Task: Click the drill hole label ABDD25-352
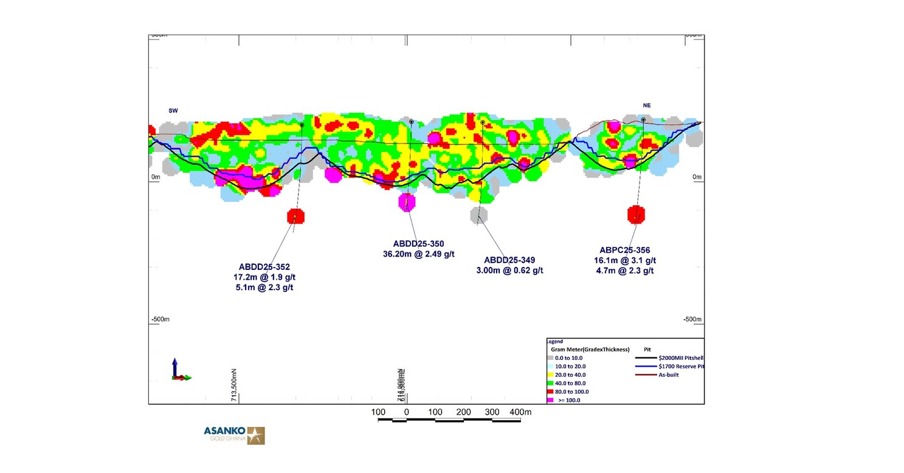[x=264, y=266]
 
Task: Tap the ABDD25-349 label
[x=509, y=260]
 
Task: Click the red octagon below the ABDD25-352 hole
[x=295, y=216]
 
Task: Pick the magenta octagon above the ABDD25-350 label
[x=407, y=201]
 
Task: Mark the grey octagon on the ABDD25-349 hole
[x=479, y=214]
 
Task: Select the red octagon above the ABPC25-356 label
[x=636, y=214]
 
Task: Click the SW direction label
[x=173, y=111]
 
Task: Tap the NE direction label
[x=647, y=105]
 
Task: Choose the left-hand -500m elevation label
[x=160, y=319]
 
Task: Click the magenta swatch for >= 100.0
[x=550, y=400]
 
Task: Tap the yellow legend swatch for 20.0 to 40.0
[x=550, y=375]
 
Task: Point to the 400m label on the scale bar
[x=520, y=412]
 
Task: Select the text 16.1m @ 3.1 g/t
[x=624, y=260]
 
